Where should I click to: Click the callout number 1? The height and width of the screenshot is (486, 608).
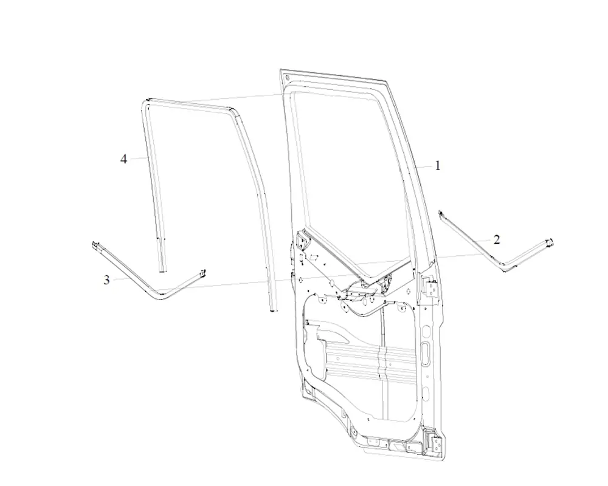click(x=438, y=166)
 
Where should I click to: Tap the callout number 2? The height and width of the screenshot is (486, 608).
click(x=497, y=240)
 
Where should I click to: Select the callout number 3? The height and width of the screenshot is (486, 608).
click(x=106, y=280)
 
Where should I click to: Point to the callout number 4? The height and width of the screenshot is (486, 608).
click(x=123, y=159)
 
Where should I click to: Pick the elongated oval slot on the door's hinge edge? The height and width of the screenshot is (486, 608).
click(x=426, y=354)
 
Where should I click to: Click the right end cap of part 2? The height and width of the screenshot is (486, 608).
click(x=550, y=242)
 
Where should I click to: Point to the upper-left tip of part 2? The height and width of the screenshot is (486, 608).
click(x=440, y=212)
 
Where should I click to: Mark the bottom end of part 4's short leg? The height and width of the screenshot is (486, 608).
click(x=162, y=270)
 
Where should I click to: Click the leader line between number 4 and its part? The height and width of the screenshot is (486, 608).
click(x=137, y=158)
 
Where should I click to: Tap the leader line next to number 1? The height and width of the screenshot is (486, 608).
click(x=424, y=166)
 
